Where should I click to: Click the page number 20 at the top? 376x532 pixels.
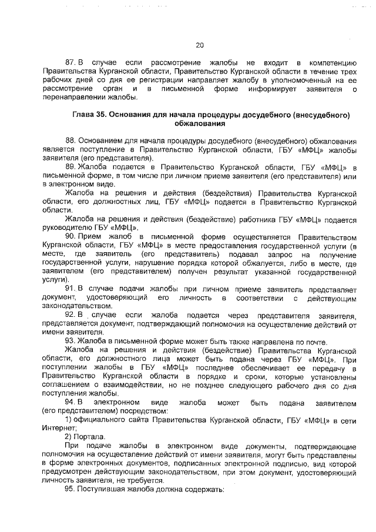tap(199, 45)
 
